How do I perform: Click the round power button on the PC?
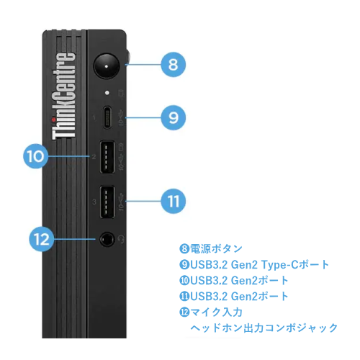[107, 66]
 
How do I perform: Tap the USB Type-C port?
[107, 117]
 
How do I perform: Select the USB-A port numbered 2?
[107, 157]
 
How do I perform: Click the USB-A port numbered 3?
[107, 202]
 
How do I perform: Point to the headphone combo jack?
[107, 239]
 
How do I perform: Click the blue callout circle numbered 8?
[173, 65]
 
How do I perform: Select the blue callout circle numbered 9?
[173, 117]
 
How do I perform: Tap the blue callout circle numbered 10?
[35, 156]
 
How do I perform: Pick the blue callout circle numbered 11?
[173, 201]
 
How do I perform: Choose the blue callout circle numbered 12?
[42, 239]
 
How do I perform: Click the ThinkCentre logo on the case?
[64, 96]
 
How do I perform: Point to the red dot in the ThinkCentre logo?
[53, 120]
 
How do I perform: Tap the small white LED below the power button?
[107, 93]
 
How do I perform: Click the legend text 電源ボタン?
[216, 248]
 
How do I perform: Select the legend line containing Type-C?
[254, 264]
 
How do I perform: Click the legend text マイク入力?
[216, 312]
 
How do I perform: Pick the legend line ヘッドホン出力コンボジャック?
[264, 328]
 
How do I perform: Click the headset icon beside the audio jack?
[121, 239]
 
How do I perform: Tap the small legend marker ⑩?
[184, 280]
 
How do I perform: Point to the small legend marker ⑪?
[184, 296]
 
